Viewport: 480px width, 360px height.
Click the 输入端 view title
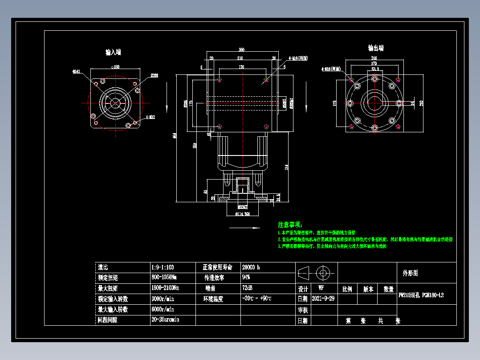pos(113,52)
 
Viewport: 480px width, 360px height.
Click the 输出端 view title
pos(376,48)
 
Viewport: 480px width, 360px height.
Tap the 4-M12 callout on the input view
pos(151,118)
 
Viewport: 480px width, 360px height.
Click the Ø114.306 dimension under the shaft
pos(242,214)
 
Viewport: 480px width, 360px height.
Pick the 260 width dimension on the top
pos(242,49)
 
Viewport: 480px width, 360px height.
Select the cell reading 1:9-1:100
pos(163,267)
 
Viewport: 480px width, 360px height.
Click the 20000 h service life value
pos(251,267)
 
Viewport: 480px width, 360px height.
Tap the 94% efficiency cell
pos(246,278)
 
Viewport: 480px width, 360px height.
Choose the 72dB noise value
pos(247,288)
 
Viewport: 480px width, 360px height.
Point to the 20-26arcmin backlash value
pos(165,319)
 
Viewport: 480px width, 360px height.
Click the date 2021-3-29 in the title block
pos(323,299)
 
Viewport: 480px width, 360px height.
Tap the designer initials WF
pos(321,288)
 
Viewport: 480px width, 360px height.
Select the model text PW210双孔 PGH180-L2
pos(421,295)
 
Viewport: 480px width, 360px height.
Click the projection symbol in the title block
pos(316,272)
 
